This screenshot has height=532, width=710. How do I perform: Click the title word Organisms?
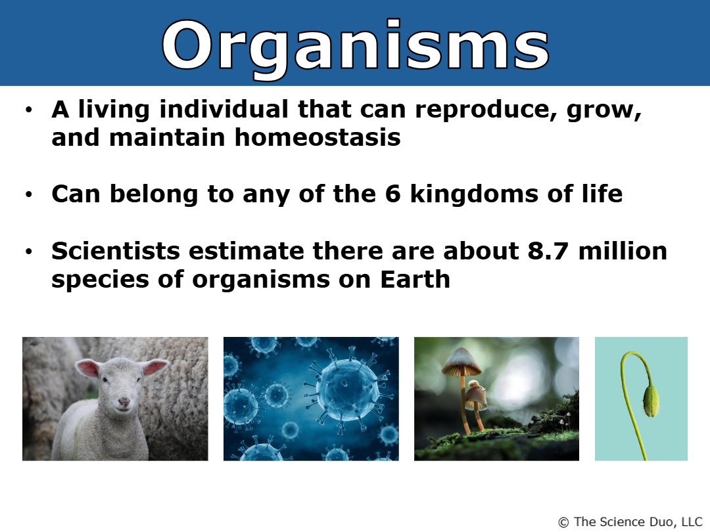[x=356, y=47]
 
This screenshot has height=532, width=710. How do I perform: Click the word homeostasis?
[x=318, y=137]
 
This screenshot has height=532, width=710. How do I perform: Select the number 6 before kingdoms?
[x=393, y=194]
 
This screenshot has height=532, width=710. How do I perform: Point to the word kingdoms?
[x=474, y=194]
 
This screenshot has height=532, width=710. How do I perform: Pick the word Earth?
[x=415, y=278]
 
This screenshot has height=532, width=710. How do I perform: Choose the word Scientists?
[x=116, y=251]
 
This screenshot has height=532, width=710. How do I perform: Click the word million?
[x=623, y=251]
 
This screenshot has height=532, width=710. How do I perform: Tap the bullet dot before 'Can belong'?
[x=30, y=194]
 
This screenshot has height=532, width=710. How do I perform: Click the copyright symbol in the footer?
[x=563, y=523]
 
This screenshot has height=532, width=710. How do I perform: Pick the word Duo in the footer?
[x=661, y=521]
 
